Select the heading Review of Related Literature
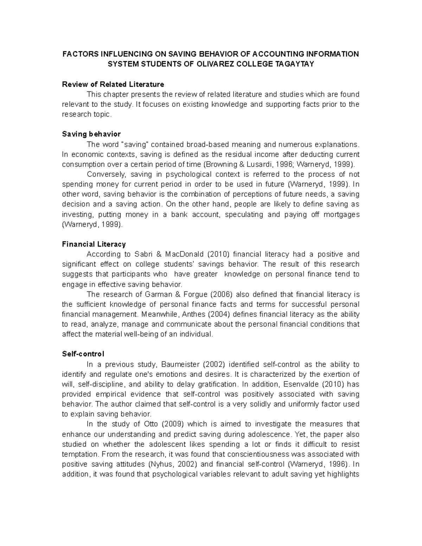click(x=113, y=84)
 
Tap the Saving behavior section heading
click(x=91, y=134)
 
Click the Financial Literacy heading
click(x=94, y=244)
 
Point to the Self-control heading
click(x=83, y=354)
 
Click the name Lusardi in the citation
click(x=252, y=164)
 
